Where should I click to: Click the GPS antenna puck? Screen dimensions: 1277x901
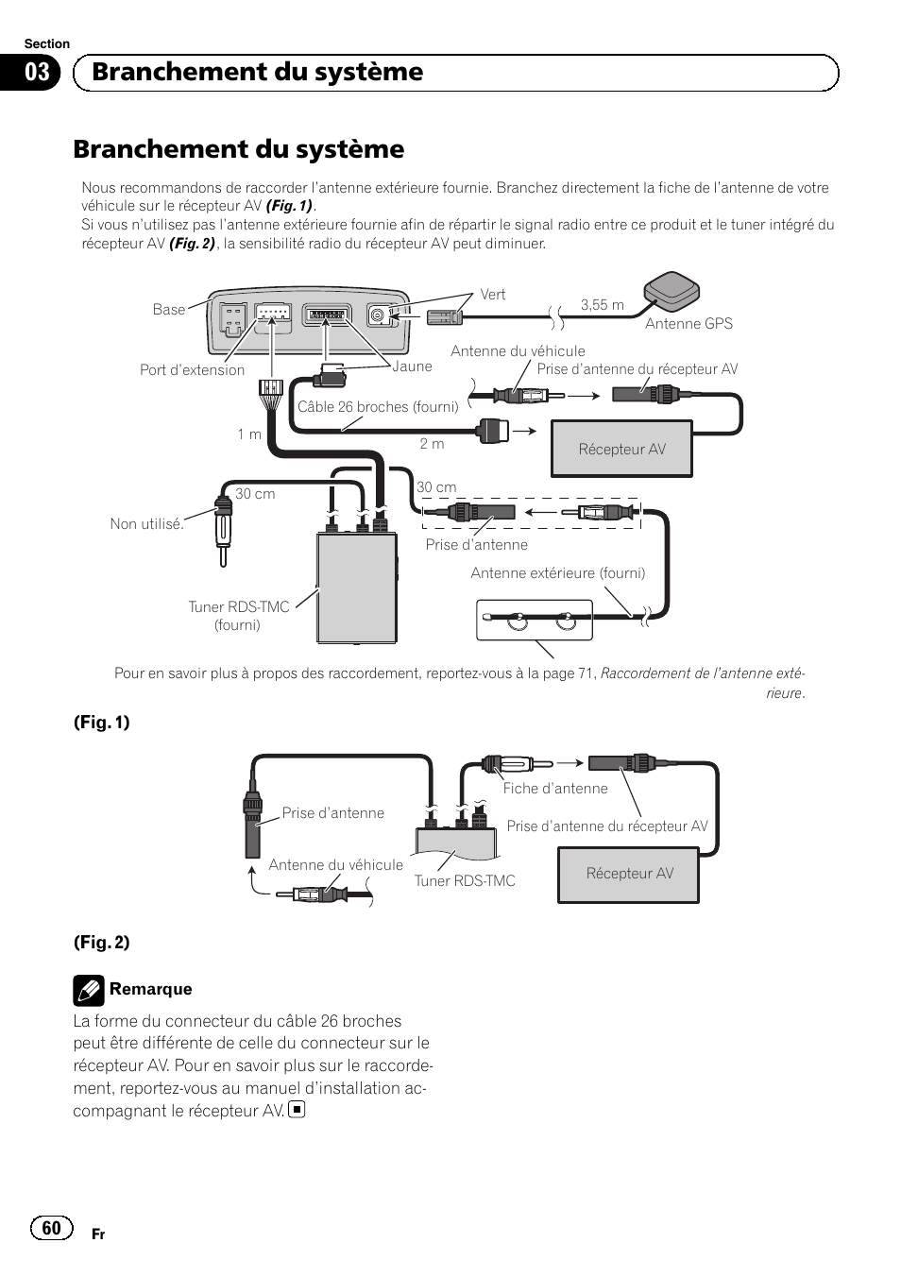[x=672, y=291]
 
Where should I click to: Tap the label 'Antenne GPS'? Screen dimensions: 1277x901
[x=688, y=323]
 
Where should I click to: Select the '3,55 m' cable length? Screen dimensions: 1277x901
[x=602, y=304]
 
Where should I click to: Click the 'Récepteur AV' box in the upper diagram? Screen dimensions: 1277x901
[x=621, y=449]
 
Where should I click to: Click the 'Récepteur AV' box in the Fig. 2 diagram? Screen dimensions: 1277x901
[x=629, y=874]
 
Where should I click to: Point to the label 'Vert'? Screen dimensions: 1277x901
[x=492, y=295]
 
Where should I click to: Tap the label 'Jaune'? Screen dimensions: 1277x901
[x=412, y=366]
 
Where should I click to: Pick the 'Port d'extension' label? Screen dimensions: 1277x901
[x=192, y=370]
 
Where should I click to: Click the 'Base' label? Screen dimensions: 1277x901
[x=169, y=310]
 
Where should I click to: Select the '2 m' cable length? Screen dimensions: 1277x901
[x=432, y=443]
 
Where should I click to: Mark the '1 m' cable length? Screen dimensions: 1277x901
[x=249, y=434]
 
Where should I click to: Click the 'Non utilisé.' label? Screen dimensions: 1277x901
[x=146, y=524]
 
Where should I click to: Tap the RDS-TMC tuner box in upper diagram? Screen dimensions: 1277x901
[x=356, y=587]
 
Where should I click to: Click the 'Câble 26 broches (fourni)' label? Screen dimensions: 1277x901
[x=378, y=407]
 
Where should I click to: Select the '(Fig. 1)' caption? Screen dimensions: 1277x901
[x=102, y=723]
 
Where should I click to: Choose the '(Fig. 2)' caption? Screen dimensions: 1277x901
[x=102, y=942]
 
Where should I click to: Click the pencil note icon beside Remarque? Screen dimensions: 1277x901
[x=88, y=990]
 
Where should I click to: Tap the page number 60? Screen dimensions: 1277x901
[x=51, y=1227]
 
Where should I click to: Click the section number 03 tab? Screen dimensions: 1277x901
[x=36, y=73]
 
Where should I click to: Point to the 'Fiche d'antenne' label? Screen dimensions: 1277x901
[x=555, y=789]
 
